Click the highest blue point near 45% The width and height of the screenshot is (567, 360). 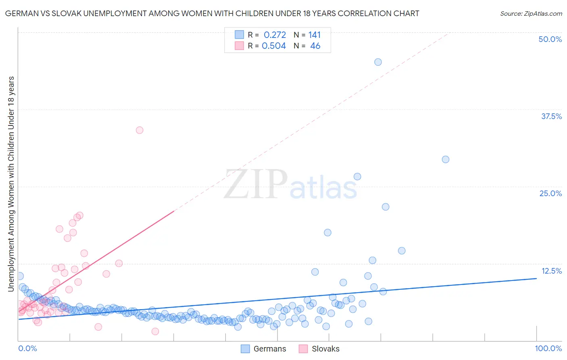click(378, 62)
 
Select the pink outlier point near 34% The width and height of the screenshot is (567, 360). click(140, 130)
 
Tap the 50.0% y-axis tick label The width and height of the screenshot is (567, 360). click(550, 39)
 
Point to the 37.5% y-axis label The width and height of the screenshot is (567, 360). click(551, 116)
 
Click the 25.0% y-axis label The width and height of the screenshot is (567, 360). click(550, 193)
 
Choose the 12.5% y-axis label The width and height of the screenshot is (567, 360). click(551, 271)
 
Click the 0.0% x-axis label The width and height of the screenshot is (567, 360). click(27, 348)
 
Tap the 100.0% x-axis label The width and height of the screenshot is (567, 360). click(548, 348)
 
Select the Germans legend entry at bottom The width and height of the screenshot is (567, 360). click(264, 349)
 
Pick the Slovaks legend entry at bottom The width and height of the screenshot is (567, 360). click(319, 349)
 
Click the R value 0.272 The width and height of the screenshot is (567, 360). click(275, 35)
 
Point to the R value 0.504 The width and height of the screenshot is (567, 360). click(274, 46)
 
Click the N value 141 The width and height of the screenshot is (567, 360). click(315, 35)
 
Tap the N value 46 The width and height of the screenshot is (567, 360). click(315, 46)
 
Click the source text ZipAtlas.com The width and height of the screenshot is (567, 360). click(531, 13)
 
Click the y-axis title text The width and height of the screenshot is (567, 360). click(11, 184)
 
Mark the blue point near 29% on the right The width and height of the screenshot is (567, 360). click(446, 159)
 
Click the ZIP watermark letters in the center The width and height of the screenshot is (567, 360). click(256, 184)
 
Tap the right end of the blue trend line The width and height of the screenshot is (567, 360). click(536, 278)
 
